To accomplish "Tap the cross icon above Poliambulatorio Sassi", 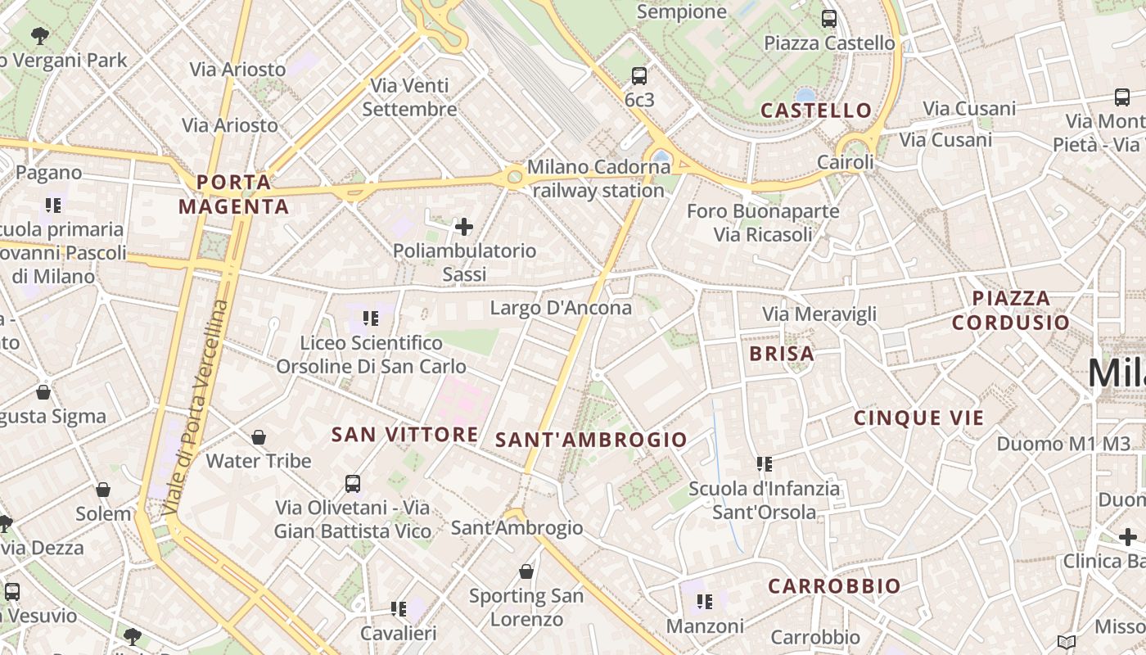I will (464, 226).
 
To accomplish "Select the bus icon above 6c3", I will (639, 76).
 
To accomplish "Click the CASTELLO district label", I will (816, 111).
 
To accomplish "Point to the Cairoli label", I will (846, 162).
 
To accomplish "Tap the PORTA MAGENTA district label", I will (234, 194).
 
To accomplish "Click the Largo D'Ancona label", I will (561, 308).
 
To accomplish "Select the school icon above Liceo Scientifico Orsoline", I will (371, 318).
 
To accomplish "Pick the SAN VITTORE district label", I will (404, 435).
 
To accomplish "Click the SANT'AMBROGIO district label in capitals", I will (591, 440).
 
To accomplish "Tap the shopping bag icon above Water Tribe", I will (259, 437).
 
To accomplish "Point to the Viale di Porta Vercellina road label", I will (196, 408).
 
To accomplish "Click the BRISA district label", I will (782, 354).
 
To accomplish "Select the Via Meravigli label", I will (819, 314).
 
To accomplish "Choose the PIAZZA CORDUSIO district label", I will (1011, 310).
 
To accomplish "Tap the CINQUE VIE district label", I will (918, 418).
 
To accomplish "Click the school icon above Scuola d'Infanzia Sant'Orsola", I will (765, 464).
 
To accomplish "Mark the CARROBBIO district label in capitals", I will (834, 586).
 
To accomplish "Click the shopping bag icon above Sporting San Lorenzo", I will (526, 571).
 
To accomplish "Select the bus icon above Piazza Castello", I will (829, 18).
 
